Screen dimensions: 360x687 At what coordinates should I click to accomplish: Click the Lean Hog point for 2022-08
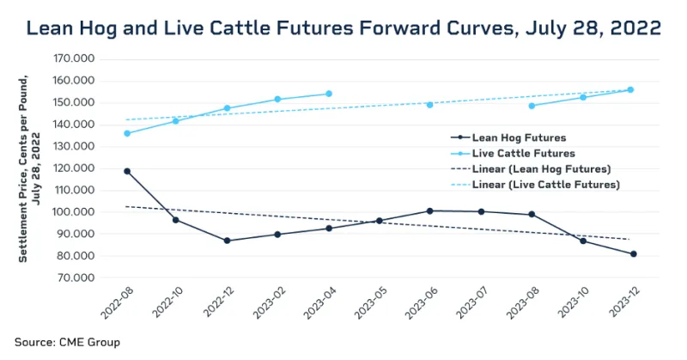127,171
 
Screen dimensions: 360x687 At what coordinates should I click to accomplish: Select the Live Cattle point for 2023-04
329,94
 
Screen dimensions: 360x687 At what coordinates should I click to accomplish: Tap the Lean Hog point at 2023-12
633,253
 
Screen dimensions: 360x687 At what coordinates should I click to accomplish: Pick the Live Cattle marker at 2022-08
127,133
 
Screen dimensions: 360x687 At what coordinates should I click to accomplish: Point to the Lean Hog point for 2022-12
228,241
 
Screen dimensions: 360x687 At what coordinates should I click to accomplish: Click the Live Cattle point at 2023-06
430,105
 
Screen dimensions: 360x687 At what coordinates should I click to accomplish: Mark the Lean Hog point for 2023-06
430,211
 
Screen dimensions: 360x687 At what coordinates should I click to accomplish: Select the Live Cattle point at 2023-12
630,89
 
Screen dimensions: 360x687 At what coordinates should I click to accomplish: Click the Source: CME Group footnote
67,342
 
